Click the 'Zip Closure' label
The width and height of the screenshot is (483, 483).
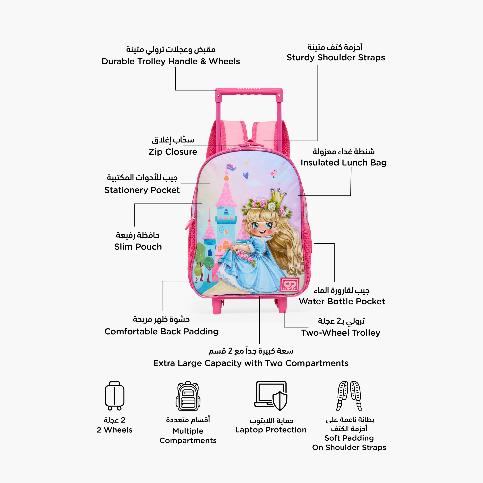coord(173,152)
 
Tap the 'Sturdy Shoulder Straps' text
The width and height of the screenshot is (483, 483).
coord(336,57)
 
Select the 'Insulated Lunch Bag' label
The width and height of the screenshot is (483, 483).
coord(344,162)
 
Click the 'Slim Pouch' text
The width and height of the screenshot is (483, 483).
coord(138,247)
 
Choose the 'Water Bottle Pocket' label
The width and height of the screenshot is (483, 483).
coord(342,301)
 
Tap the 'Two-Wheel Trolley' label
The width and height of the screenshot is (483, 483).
coord(341,333)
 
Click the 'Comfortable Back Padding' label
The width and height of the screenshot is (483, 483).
coord(161,331)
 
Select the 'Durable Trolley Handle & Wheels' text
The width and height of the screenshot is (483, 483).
coord(171,61)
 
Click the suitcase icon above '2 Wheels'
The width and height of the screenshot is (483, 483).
coord(114,396)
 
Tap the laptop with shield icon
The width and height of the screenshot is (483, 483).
coord(271,396)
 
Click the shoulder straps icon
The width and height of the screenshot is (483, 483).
coord(349,396)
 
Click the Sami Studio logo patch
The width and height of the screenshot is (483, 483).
coord(289,284)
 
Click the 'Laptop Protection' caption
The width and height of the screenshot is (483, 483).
coord(271,430)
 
